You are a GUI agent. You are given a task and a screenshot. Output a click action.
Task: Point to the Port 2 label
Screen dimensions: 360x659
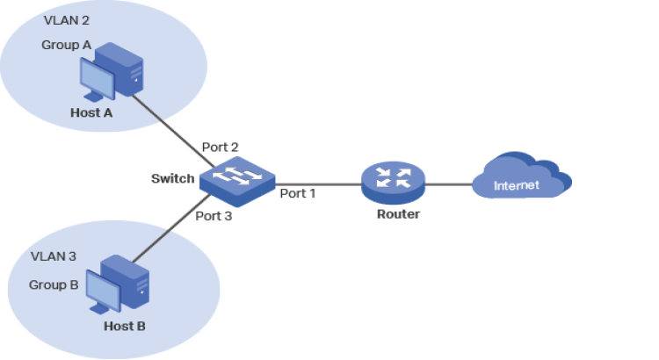click(x=220, y=147)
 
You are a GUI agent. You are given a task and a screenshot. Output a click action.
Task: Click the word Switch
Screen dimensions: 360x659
click(x=172, y=178)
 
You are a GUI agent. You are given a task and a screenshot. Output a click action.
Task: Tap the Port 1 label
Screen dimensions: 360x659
click(x=298, y=192)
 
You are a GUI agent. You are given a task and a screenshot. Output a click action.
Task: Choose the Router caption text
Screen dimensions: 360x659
click(x=398, y=213)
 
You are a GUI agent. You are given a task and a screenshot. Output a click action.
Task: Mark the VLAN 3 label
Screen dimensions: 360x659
click(x=54, y=256)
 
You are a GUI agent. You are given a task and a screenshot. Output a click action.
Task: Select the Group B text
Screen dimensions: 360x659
click(x=54, y=284)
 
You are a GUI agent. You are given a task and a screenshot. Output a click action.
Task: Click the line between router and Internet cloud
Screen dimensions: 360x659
click(x=448, y=184)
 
